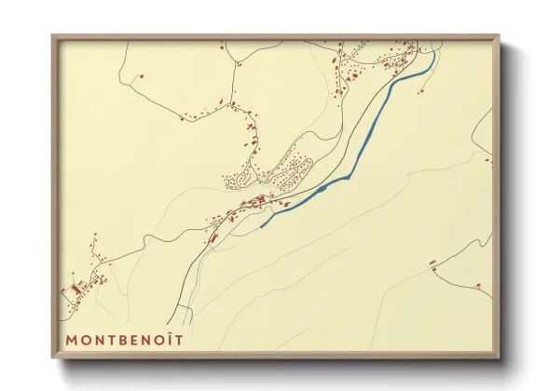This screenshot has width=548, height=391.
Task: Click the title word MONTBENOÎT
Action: pyautogui.click(x=124, y=340)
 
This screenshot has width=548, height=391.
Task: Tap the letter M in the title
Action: pyautogui.click(x=70, y=340)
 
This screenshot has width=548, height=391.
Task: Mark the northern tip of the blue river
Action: pyautogui.click(x=434, y=53)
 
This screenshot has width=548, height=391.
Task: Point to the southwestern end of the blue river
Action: pyautogui.click(x=260, y=226)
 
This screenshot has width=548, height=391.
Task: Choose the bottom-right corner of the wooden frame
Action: pyautogui.click(x=500, y=357)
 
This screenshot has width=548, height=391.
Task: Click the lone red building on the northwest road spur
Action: pyautogui.click(x=142, y=74)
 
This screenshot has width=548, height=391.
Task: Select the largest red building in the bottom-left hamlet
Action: pyautogui.click(x=75, y=290)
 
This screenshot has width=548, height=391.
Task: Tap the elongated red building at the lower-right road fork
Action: pyautogui.click(x=433, y=263)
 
